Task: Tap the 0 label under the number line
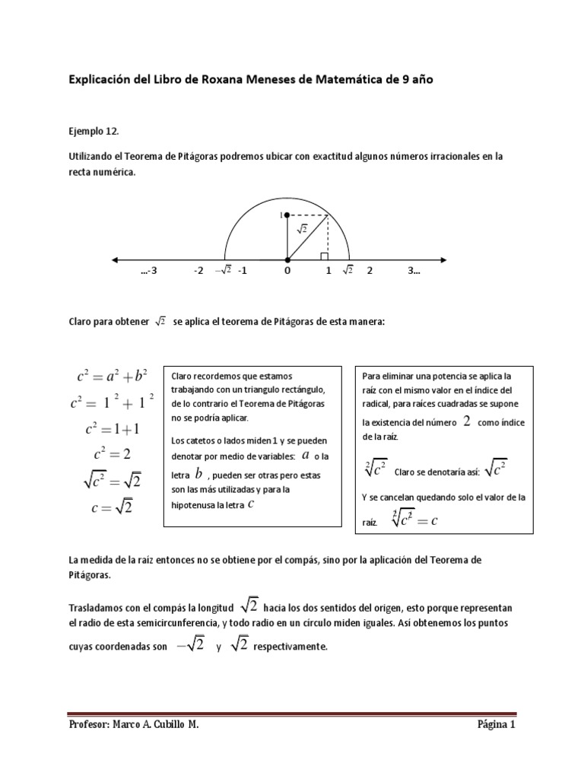coord(287,270)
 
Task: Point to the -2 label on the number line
coord(198,270)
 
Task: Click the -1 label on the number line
coord(242,270)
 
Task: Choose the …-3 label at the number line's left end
coord(149,270)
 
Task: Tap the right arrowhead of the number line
coord(444,258)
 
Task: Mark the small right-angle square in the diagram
coord(324,255)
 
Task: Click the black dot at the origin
coord(287,258)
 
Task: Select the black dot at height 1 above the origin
coord(287,216)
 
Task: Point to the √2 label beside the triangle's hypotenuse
coord(301,228)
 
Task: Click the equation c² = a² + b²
coord(112,376)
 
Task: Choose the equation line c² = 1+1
coord(113,428)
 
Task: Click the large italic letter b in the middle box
coord(198,474)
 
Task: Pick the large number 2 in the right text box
coord(466,421)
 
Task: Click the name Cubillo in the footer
coord(164,725)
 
